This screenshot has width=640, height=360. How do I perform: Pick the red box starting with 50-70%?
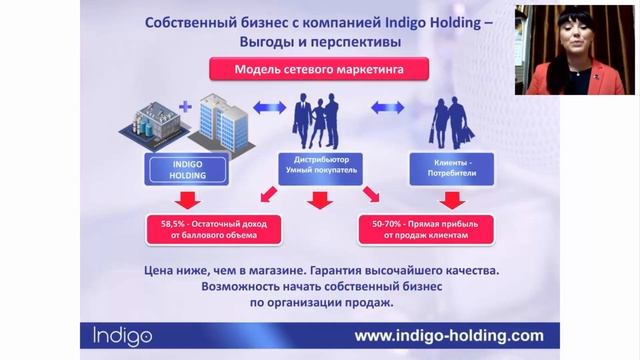(425, 228)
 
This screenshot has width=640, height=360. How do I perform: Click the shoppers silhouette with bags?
(453, 122)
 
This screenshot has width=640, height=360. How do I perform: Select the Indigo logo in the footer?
(113, 335)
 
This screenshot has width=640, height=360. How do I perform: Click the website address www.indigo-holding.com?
(449, 335)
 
